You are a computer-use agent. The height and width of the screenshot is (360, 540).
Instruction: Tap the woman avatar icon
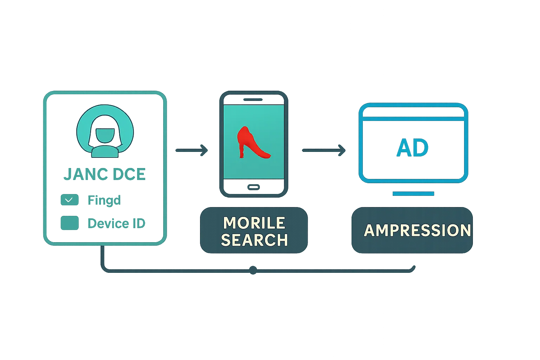(104, 135)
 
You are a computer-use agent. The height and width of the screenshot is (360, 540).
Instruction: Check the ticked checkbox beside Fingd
(69, 200)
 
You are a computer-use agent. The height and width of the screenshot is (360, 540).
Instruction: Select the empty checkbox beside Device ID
(69, 223)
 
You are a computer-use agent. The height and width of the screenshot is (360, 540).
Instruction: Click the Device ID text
(116, 223)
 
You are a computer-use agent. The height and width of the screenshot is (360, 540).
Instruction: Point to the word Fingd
(104, 200)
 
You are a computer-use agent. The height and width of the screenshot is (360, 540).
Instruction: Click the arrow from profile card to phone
(192, 150)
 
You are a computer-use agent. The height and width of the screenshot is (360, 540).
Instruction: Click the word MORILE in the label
(254, 223)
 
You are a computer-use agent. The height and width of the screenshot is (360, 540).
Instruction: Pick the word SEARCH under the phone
(254, 240)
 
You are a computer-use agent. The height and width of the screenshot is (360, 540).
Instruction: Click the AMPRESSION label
(417, 230)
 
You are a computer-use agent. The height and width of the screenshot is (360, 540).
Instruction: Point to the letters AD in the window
(413, 148)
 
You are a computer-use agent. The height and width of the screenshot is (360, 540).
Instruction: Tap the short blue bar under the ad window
(413, 193)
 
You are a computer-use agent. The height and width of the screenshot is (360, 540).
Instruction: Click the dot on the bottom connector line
(253, 270)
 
